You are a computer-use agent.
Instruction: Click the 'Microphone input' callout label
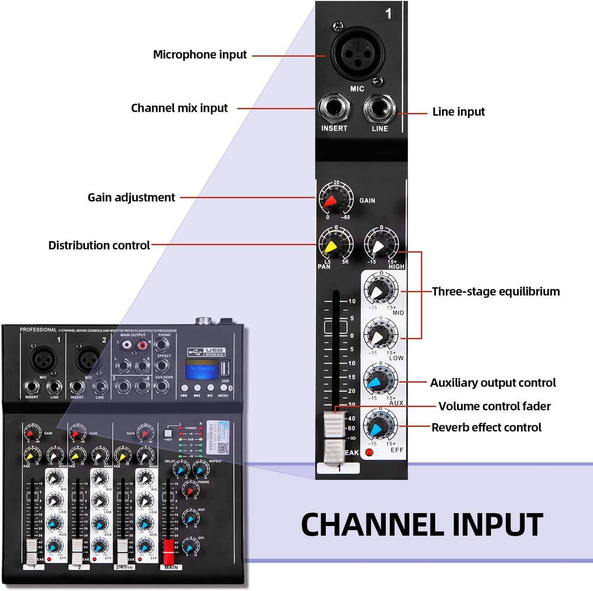[200, 55]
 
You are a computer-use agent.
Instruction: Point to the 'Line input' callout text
[458, 112]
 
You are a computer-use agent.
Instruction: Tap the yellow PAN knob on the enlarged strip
[336, 244]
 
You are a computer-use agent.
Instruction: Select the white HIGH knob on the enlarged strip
[381, 245]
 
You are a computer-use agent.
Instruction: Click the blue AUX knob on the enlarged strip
[381, 380]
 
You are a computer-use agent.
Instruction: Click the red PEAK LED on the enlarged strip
[369, 452]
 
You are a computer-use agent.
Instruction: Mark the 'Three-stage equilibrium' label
[496, 292]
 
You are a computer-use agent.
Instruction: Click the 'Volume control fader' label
[494, 407]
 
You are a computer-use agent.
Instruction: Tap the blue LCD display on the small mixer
[202, 369]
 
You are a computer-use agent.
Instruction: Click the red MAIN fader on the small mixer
[169, 551]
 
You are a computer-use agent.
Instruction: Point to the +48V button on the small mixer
[168, 432]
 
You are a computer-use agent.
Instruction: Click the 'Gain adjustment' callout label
[131, 198]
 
